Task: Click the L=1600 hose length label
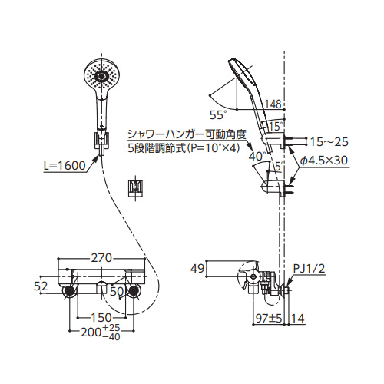[x=65, y=166]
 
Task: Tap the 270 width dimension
[x=102, y=258]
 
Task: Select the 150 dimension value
[x=101, y=318]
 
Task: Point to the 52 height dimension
[x=41, y=286]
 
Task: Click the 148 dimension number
[x=273, y=104]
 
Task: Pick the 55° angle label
[x=218, y=115]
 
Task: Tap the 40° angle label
[x=257, y=157]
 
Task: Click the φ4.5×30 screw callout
[x=324, y=161]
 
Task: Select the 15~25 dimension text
[x=329, y=141]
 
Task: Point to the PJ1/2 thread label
[x=309, y=269]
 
